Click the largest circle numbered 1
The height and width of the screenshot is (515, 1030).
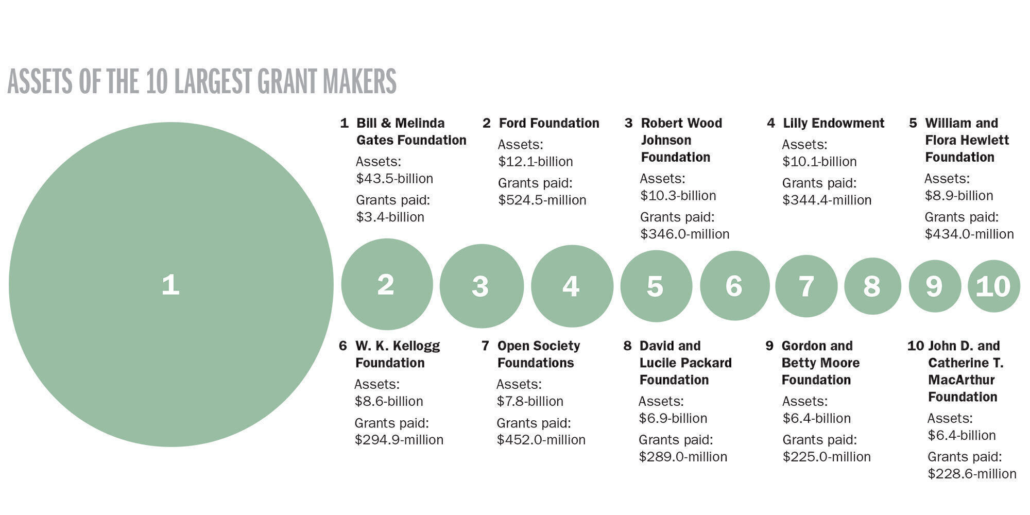pyautogui.click(x=171, y=284)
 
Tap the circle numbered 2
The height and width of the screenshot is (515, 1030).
pyautogui.click(x=387, y=284)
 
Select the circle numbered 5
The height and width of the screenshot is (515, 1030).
pyautogui.click(x=656, y=286)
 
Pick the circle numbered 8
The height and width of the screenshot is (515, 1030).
pyautogui.click(x=872, y=286)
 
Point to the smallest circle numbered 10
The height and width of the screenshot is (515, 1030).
pyautogui.click(x=993, y=286)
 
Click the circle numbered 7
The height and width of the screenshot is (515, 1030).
pyautogui.click(x=806, y=286)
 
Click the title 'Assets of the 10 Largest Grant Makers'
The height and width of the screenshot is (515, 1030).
pyautogui.click(x=202, y=81)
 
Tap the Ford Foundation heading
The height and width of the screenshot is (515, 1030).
pyautogui.click(x=549, y=123)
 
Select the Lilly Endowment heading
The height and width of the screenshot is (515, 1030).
pyautogui.click(x=833, y=123)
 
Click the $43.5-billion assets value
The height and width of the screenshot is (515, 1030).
pyautogui.click(x=394, y=179)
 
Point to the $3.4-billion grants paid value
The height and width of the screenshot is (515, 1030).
pyautogui.click(x=390, y=217)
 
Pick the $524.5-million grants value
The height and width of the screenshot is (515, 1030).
pyautogui.click(x=542, y=200)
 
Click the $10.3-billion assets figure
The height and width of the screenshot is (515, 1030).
pyautogui.click(x=678, y=196)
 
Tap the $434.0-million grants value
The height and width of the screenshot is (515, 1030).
pyautogui.click(x=969, y=234)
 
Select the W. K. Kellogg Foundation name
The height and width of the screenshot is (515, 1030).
pyautogui.click(x=397, y=354)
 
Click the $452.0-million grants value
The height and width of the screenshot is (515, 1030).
pyautogui.click(x=541, y=440)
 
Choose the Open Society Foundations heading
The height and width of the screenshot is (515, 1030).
pyautogui.click(x=538, y=354)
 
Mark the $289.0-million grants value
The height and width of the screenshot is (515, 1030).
pyautogui.click(x=683, y=457)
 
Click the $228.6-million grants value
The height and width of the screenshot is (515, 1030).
pyautogui.click(x=972, y=474)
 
